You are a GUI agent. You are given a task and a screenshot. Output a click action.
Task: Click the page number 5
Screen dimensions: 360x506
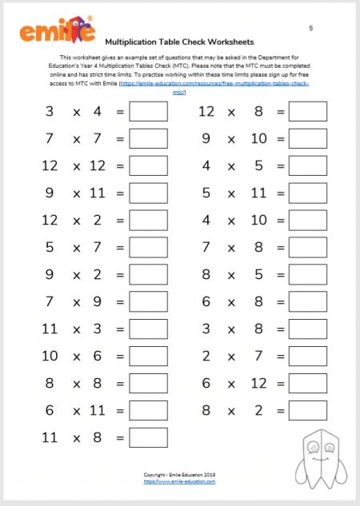point(310,28)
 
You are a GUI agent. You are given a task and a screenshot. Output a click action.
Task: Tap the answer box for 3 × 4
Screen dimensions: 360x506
point(148,111)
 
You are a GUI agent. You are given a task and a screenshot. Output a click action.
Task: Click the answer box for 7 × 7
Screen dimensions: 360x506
point(148,138)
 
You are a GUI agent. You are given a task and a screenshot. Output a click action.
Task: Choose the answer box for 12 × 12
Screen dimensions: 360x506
point(148,165)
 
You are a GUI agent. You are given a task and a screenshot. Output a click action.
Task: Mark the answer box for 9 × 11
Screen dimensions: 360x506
point(148,193)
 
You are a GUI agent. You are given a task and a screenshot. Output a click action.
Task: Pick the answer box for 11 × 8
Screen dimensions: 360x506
point(148,437)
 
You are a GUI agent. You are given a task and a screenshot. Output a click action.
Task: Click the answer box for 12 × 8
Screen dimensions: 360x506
point(308,111)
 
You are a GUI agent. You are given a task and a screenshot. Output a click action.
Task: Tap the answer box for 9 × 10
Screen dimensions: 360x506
point(308,138)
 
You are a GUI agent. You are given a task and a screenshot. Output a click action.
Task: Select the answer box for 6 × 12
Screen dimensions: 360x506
point(308,383)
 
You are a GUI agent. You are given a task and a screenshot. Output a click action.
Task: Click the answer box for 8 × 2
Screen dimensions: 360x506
point(308,410)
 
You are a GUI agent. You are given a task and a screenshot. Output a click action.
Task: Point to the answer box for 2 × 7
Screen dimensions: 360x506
point(308,356)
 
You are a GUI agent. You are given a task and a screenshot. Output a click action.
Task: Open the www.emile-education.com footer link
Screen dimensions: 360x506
point(179,482)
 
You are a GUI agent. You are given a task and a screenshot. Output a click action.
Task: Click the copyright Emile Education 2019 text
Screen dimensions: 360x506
point(179,476)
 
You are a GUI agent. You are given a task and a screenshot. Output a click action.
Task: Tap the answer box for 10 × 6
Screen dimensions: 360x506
point(148,356)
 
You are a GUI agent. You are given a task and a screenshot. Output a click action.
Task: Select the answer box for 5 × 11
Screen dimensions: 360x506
point(308,193)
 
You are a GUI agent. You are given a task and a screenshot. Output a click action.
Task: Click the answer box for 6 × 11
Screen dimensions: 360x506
point(148,410)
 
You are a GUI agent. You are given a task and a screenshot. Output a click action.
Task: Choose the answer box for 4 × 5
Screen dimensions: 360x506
point(308,165)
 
